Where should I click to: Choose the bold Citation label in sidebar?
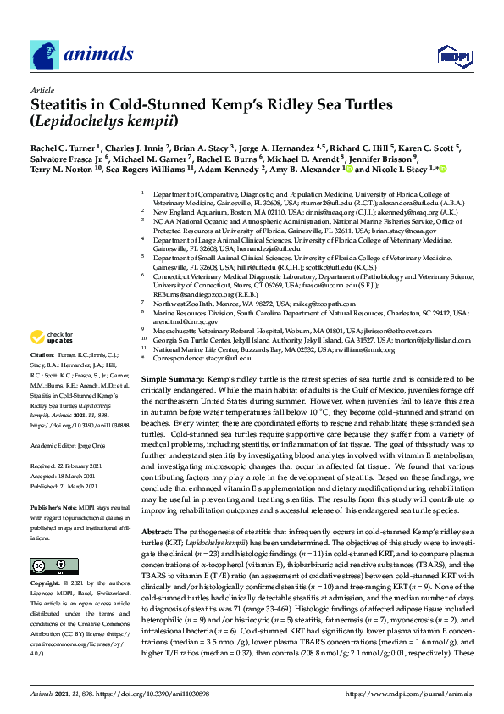(42, 377)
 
